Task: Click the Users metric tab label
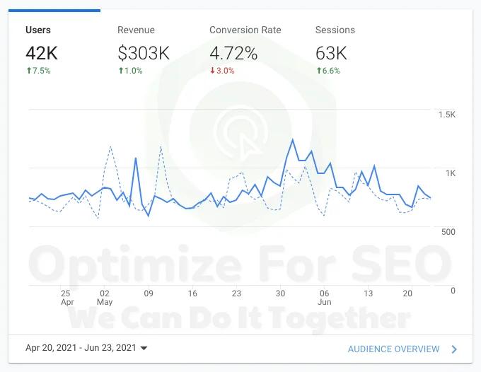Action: click(x=38, y=30)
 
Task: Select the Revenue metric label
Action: click(x=136, y=30)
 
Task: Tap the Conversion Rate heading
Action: click(x=245, y=30)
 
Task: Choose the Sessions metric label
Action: click(x=335, y=30)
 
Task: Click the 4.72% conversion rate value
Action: click(x=233, y=53)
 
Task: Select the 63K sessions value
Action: click(x=331, y=53)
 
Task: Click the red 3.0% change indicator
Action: click(x=222, y=71)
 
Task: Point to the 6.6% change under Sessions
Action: click(x=328, y=71)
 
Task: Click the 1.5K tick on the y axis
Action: click(x=446, y=115)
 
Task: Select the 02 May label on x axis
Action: click(x=105, y=297)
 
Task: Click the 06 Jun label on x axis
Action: click(x=324, y=297)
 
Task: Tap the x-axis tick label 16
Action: click(x=192, y=293)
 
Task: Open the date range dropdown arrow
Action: click(x=144, y=349)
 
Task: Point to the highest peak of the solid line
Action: click(x=292, y=139)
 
